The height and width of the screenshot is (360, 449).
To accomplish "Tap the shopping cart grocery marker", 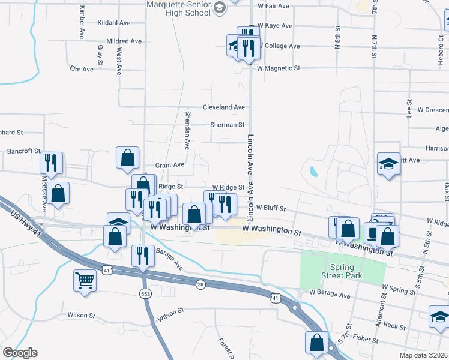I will click(85, 280).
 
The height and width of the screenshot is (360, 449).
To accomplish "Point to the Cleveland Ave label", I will click(223, 107).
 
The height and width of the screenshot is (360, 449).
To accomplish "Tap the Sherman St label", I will click(228, 125).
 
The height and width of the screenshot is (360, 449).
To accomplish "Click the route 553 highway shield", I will click(144, 293).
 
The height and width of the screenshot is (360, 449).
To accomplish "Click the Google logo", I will click(20, 353).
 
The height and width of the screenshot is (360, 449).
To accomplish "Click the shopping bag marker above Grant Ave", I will click(128, 158).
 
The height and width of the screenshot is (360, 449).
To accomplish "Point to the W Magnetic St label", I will click(278, 69).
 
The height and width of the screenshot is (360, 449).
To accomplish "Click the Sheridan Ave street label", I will click(187, 130).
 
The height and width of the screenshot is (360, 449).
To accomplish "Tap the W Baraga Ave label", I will click(330, 295).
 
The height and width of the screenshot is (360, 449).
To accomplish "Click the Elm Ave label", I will click(82, 70).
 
